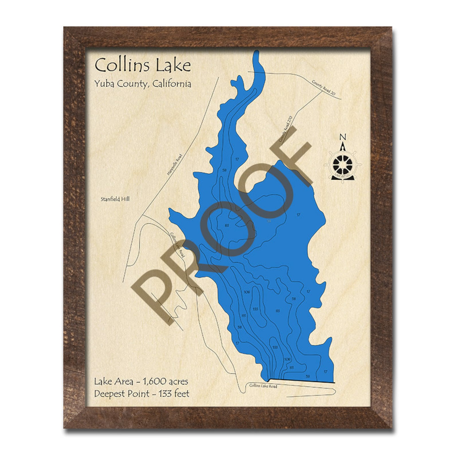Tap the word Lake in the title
(x=173, y=65)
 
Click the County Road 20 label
(x=323, y=88)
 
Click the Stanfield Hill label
(x=115, y=199)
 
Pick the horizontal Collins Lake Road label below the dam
(x=263, y=386)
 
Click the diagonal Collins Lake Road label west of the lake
(x=177, y=245)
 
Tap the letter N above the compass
(x=342, y=137)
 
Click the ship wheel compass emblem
(x=342, y=164)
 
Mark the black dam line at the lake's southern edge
(x=301, y=381)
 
